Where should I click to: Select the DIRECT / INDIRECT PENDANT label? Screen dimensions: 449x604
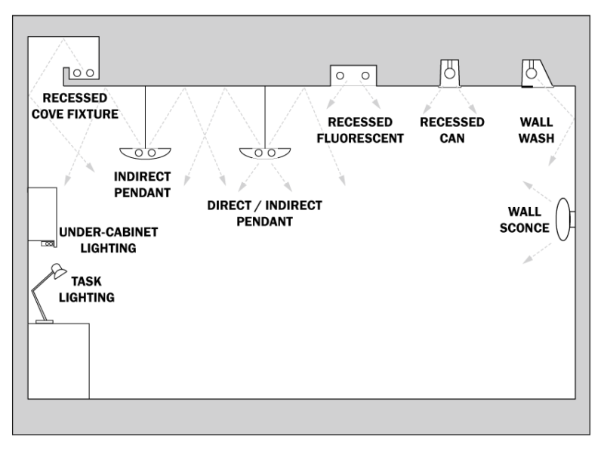(264, 213)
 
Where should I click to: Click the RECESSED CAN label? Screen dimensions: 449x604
(452, 129)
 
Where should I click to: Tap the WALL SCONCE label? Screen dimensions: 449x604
(524, 220)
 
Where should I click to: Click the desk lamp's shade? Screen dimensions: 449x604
(57, 270)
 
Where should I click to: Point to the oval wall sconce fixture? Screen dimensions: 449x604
(562, 219)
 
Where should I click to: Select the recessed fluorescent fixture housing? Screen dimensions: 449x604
(353, 76)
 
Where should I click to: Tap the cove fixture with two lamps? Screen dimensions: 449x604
(82, 73)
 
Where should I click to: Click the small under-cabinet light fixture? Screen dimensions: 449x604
(46, 243)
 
